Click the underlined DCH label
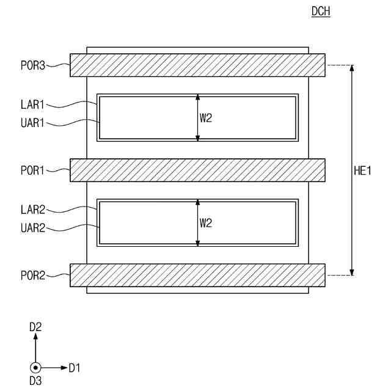[321, 11]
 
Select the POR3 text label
[33, 65]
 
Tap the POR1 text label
[32, 170]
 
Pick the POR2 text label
[33, 276]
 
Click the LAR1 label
[32, 104]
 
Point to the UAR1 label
[32, 123]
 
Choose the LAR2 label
[33, 210]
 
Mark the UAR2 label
[33, 228]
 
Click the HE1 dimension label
[362, 171]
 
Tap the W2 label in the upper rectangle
[206, 118]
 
